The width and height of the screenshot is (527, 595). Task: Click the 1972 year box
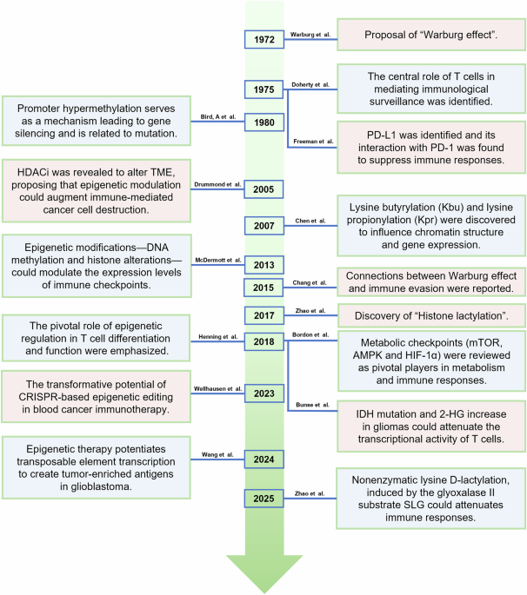click(263, 38)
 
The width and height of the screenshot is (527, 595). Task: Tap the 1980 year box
click(263, 122)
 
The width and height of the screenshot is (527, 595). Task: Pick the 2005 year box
click(263, 188)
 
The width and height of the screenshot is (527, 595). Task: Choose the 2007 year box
click(263, 225)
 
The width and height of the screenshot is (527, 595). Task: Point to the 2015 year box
click(263, 288)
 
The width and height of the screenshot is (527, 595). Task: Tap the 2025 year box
click(263, 497)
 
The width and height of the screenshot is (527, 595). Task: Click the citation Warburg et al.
click(311, 34)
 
